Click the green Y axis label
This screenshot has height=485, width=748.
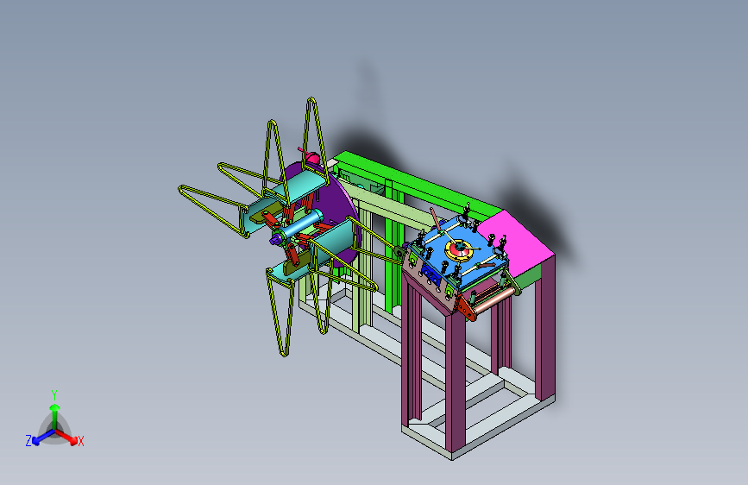pos(54,395)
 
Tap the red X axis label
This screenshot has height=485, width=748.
pos(80,441)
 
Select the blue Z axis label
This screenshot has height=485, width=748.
pos(28,441)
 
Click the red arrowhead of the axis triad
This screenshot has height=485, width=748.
pos(73,440)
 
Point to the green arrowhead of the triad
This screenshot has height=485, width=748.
pos(55,407)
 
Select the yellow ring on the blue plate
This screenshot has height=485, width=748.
pos(459,250)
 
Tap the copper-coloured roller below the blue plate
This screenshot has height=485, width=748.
pos(494,299)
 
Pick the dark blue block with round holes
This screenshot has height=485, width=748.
pos(431,274)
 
